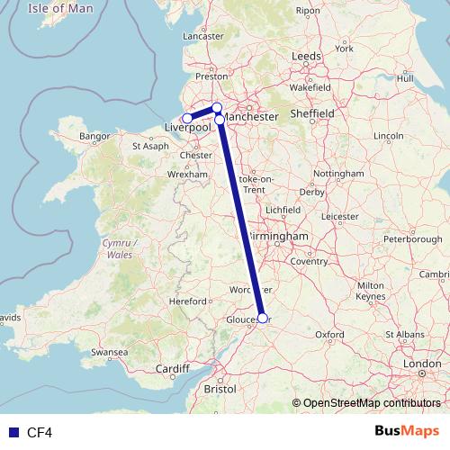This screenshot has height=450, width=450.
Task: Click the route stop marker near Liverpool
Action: click(x=187, y=119)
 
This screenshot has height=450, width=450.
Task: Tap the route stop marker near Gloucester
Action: click(x=262, y=317)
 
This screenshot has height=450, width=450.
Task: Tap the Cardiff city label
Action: click(x=172, y=369)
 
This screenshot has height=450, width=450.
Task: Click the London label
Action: click(x=421, y=364)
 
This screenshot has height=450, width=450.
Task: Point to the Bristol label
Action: click(x=220, y=390)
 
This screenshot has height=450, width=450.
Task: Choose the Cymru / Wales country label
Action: click(x=120, y=249)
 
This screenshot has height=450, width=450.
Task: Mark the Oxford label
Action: click(x=329, y=334)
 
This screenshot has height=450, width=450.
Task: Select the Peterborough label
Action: click(x=412, y=239)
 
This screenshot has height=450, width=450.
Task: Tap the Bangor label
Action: click(x=94, y=137)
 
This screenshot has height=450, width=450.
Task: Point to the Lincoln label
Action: click(x=388, y=136)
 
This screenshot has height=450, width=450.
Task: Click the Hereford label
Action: click(x=189, y=301)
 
